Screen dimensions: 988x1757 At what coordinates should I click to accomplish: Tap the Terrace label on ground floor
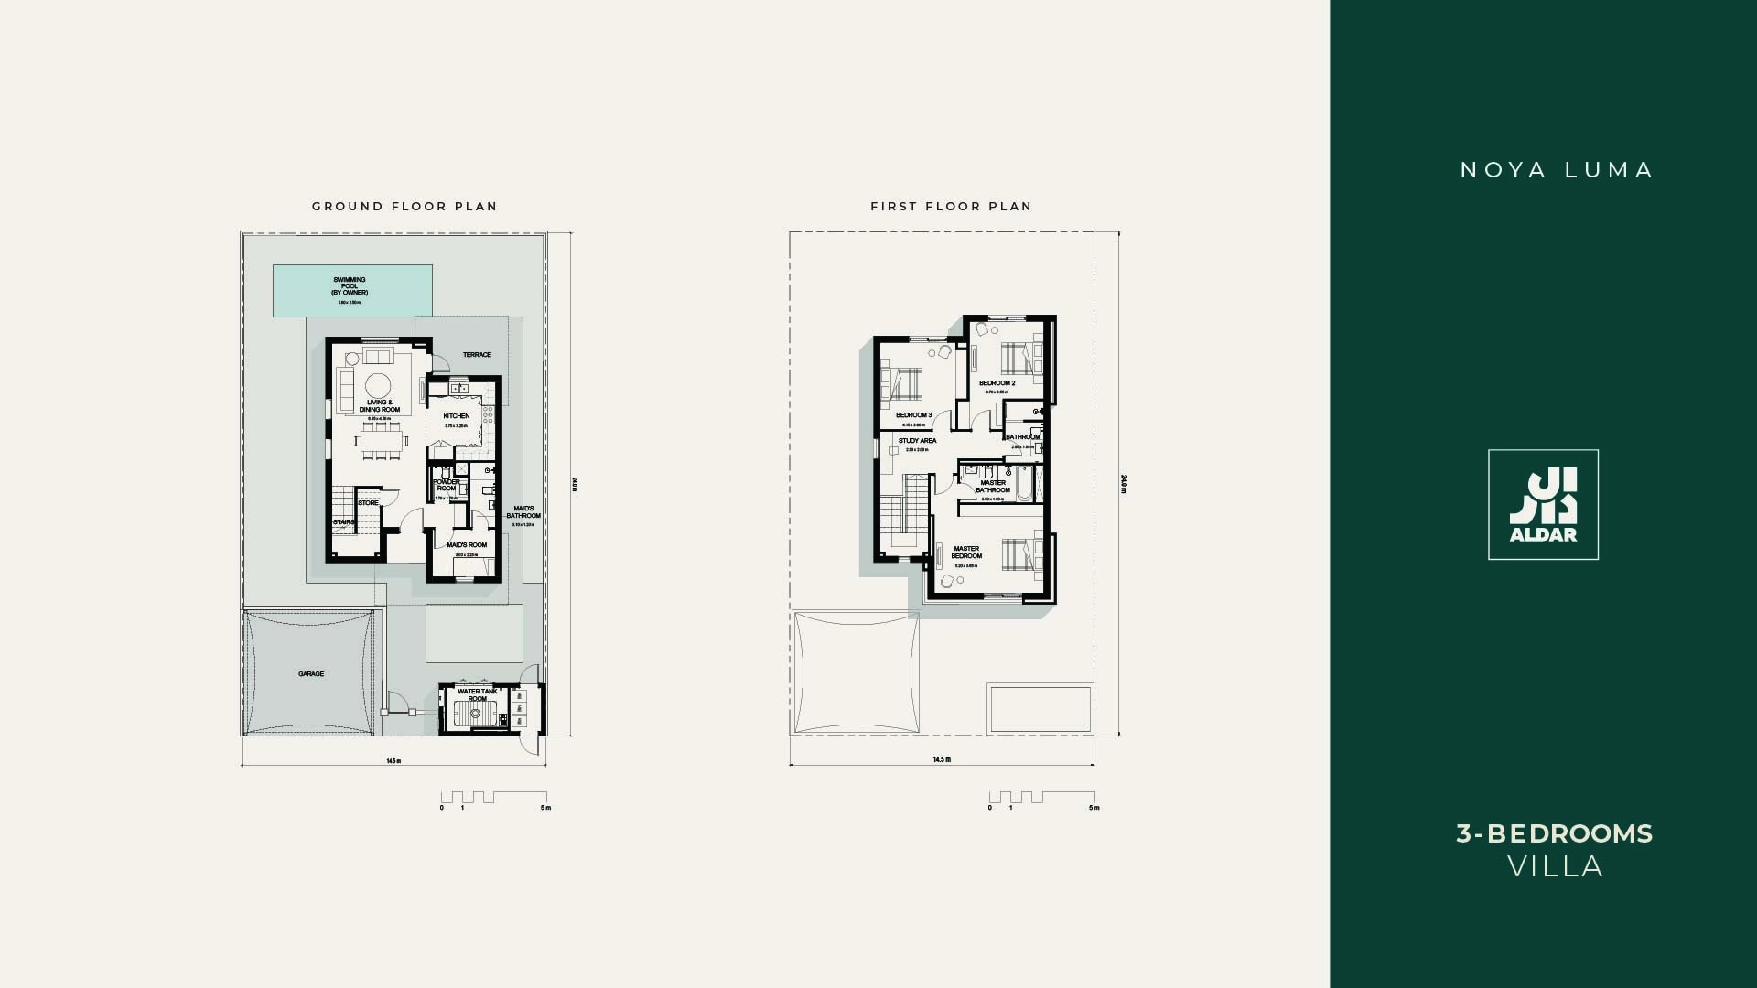[477, 355]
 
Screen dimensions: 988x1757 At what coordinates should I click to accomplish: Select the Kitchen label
[457, 416]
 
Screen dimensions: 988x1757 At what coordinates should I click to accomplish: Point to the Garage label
[311, 674]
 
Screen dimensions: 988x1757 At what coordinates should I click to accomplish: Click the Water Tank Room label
[478, 695]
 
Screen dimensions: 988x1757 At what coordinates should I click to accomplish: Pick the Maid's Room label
[467, 545]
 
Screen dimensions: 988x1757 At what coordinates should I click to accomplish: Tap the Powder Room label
[447, 485]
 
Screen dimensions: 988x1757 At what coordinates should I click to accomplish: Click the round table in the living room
[376, 382]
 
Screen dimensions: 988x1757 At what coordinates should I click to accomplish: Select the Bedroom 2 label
[997, 383]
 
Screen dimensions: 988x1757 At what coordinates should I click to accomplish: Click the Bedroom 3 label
[913, 415]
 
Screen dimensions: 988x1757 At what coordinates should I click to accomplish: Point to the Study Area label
[917, 441]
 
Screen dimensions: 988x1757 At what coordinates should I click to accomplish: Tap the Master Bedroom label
[966, 553]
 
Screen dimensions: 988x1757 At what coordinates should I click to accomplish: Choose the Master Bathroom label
[993, 486]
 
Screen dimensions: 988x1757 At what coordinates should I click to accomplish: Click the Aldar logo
[1543, 505]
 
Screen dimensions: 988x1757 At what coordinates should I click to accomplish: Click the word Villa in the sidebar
[1555, 867]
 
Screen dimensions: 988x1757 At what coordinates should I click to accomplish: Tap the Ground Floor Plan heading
[404, 207]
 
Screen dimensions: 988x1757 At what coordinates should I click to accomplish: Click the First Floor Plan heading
[951, 207]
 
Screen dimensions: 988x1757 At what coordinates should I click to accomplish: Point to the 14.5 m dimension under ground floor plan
[393, 761]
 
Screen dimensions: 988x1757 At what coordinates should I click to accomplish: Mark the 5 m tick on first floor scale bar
[1094, 808]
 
